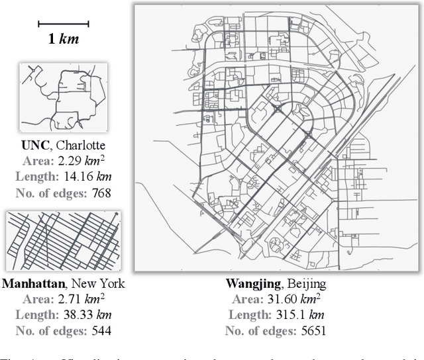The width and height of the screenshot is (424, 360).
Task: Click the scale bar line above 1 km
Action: pos(63,24)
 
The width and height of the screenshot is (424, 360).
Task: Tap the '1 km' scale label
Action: pos(63,38)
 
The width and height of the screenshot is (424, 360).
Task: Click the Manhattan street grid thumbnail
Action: pos(63,241)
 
